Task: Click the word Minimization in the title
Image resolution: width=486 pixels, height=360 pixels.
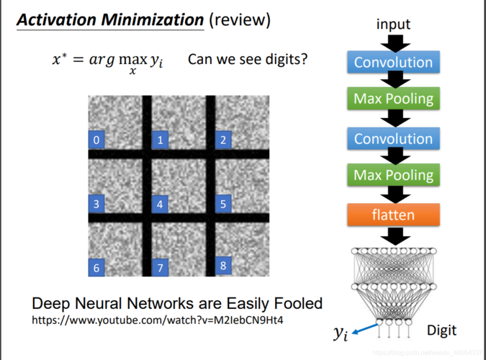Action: (x=152, y=20)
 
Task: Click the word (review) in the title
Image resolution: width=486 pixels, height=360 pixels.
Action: (x=240, y=20)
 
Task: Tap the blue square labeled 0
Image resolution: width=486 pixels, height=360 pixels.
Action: (x=96, y=140)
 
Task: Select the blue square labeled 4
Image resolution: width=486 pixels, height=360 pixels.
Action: (x=160, y=204)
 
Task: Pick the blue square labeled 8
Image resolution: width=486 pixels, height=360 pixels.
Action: (x=223, y=266)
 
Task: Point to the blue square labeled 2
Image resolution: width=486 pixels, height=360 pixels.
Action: (x=223, y=140)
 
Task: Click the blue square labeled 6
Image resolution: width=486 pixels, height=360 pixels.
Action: (x=96, y=267)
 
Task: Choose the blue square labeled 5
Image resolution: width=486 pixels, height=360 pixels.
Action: (x=223, y=204)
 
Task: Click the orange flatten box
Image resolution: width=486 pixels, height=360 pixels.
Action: (x=393, y=215)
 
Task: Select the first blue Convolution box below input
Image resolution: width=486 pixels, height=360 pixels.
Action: (x=393, y=62)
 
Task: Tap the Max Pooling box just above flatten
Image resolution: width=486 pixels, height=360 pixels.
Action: (x=393, y=175)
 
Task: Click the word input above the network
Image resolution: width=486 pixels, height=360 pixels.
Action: (x=393, y=24)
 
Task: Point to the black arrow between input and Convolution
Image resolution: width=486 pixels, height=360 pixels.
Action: (x=395, y=43)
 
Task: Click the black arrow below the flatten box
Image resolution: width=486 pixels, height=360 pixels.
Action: (x=395, y=236)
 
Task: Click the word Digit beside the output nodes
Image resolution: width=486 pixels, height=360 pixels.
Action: (x=441, y=330)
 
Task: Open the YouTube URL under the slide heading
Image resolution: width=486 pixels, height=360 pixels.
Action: (x=158, y=320)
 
